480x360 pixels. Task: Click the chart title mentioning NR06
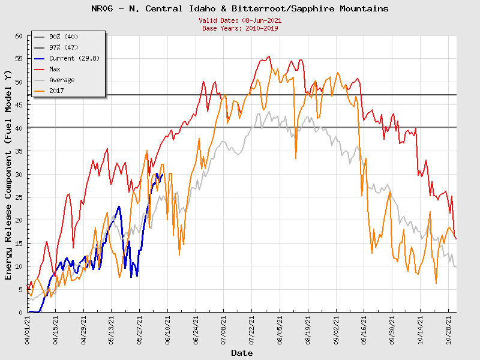(x=240, y=9)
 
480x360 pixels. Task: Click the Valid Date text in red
(x=240, y=20)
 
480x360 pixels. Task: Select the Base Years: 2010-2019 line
(x=240, y=28)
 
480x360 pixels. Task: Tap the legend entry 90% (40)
(x=67, y=37)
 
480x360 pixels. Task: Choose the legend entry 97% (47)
(x=67, y=47)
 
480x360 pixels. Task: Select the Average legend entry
(x=62, y=80)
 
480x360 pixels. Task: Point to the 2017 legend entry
(x=57, y=91)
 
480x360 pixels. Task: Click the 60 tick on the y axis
(x=18, y=36)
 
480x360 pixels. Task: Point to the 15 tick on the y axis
(x=18, y=243)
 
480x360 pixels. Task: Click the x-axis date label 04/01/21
(x=28, y=329)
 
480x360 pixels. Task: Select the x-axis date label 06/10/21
(x=168, y=329)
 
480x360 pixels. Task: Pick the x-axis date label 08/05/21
(x=280, y=329)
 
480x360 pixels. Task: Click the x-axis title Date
(x=242, y=353)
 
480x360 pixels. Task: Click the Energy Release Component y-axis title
(x=8, y=174)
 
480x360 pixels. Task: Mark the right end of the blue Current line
(x=163, y=175)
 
